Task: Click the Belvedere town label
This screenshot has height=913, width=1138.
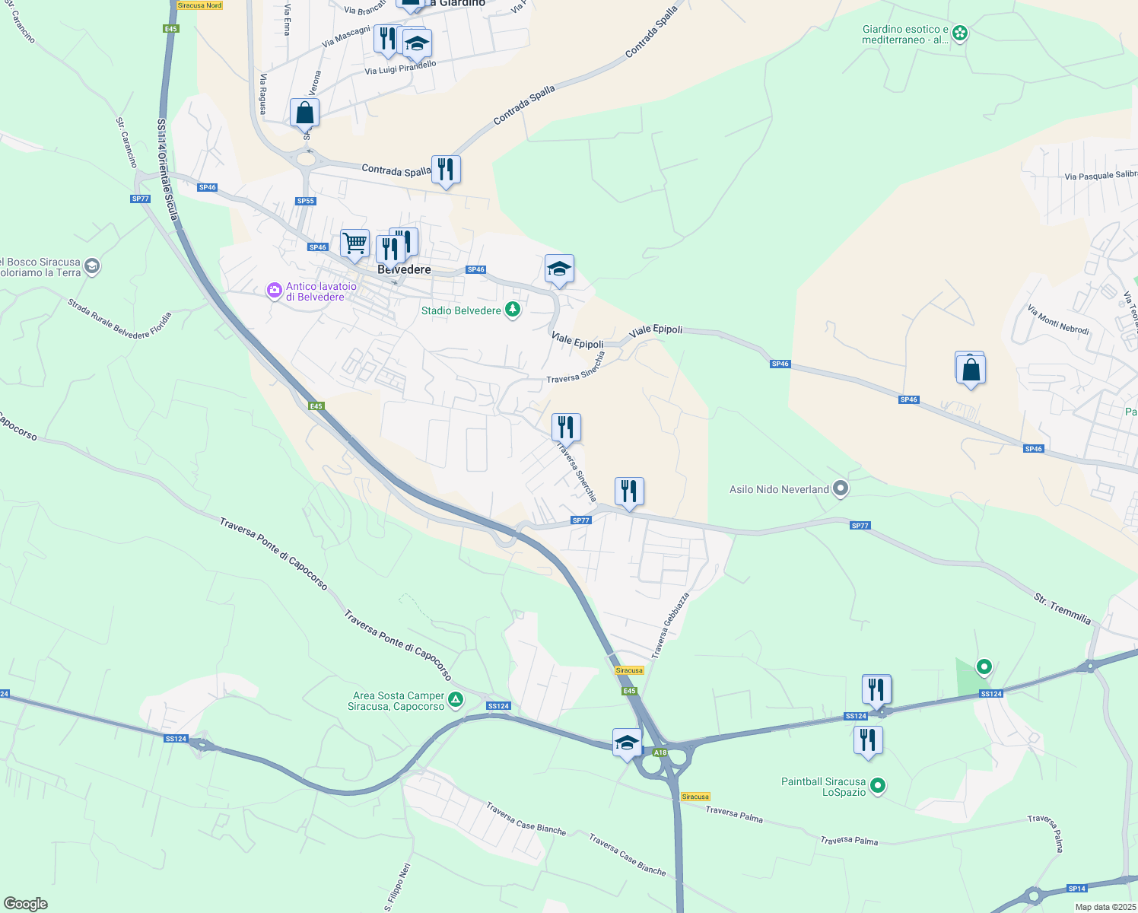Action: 404,270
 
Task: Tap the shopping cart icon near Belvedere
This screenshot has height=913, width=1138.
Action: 354,243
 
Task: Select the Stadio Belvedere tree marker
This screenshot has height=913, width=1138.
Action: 513,310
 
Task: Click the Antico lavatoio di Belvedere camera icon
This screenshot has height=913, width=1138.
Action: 274,291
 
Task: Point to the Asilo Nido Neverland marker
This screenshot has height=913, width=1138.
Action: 841,488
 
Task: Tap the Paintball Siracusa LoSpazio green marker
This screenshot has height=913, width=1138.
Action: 877,786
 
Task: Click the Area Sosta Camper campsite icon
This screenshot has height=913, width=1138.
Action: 455,700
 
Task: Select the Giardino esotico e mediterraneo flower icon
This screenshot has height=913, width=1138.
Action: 960,33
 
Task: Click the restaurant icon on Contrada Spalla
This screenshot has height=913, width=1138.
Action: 446,170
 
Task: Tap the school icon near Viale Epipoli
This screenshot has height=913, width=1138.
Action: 559,269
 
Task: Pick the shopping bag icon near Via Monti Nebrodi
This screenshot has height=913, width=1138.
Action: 971,371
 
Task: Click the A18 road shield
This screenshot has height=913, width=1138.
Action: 660,752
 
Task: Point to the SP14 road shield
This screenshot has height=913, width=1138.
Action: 1076,889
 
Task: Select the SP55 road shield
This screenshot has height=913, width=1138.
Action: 305,201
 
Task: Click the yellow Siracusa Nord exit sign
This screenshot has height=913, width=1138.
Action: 199,5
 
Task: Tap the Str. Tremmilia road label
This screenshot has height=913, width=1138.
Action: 1063,609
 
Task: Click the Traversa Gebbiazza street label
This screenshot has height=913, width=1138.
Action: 670,625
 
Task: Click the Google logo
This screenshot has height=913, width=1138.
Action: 25,904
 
